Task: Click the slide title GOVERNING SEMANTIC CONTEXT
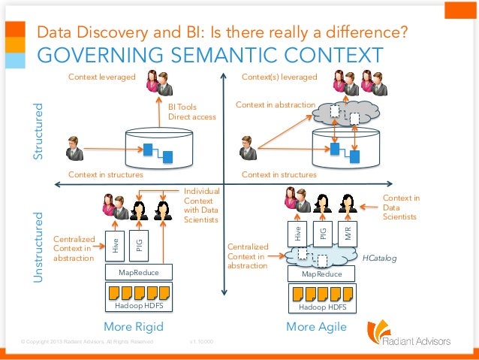click(x=209, y=56)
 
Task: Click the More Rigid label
click(x=133, y=327)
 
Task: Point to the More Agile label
click(x=316, y=327)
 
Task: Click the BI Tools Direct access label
click(x=191, y=112)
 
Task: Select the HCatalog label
click(x=380, y=257)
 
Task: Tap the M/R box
click(x=347, y=233)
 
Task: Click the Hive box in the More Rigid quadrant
click(x=116, y=244)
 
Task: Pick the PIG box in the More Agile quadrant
click(x=323, y=233)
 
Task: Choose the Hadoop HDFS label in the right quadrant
click(x=321, y=307)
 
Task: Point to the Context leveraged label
click(x=101, y=77)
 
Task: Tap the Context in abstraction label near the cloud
click(x=275, y=104)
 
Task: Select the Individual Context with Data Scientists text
click(x=200, y=205)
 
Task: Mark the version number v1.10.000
click(x=202, y=342)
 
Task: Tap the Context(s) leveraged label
click(x=279, y=77)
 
